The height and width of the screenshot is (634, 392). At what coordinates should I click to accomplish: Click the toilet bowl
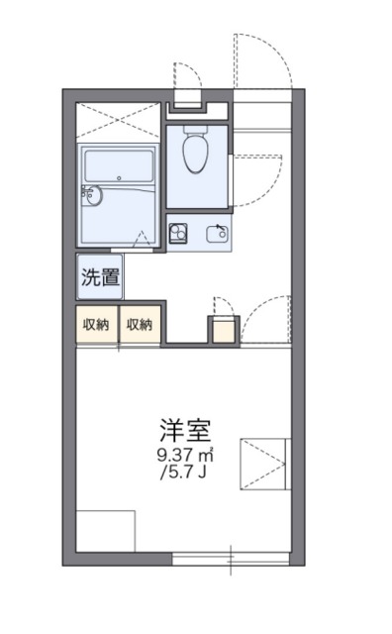(x=196, y=155)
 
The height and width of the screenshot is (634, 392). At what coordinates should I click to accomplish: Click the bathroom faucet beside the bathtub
(x=92, y=194)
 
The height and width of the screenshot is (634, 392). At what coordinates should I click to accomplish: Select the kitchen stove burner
(x=180, y=234)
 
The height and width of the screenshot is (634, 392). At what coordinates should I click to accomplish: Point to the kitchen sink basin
(x=215, y=234)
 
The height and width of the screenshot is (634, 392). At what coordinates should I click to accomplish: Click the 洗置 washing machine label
(x=100, y=277)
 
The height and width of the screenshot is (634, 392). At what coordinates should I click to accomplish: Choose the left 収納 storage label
(x=96, y=324)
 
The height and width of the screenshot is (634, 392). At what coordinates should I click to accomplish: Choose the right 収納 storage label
(x=140, y=324)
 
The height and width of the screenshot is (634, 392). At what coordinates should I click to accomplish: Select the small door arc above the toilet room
(x=187, y=77)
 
